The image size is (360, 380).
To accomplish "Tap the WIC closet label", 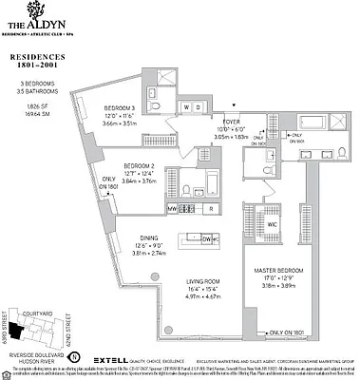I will (273, 224).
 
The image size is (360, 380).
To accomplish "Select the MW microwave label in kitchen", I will (173, 207).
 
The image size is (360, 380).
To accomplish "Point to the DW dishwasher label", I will (207, 238).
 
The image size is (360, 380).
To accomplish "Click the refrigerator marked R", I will (208, 207).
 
